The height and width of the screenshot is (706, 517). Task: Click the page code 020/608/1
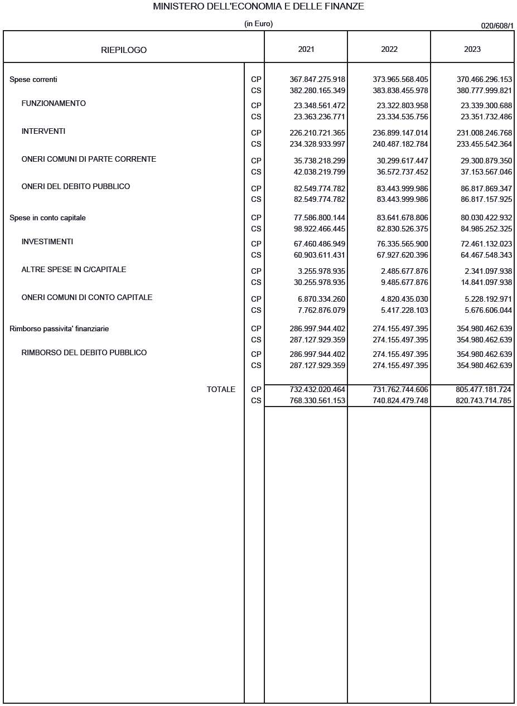[497, 26]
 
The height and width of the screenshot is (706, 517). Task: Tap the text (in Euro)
[258, 24]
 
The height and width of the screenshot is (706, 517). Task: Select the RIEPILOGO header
[124, 50]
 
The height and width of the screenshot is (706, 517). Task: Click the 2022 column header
[389, 49]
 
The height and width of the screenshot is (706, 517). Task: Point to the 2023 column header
[472, 49]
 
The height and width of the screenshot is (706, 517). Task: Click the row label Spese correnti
[33, 80]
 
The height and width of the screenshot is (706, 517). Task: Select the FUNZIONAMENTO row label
[54, 104]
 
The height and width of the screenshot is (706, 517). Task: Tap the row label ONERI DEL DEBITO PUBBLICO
[76, 187]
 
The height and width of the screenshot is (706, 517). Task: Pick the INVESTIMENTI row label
[47, 242]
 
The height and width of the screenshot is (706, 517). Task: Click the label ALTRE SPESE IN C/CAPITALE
[74, 270]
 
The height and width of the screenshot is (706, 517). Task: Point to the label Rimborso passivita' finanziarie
[59, 329]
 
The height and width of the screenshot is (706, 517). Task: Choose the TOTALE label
[221, 390]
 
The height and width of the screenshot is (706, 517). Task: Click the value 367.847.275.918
[317, 80]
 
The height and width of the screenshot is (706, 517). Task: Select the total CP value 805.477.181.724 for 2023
[484, 390]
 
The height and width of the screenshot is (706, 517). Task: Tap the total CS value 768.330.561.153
[317, 401]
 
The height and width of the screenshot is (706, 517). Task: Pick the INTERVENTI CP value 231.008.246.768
[484, 133]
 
